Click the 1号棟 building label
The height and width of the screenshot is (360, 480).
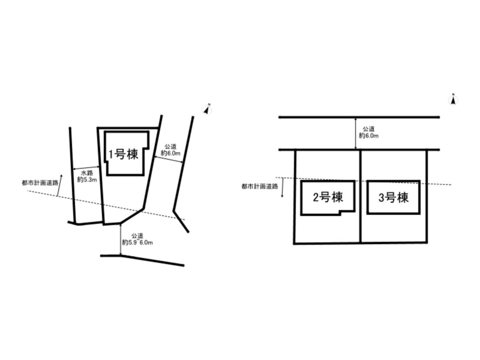(124, 154)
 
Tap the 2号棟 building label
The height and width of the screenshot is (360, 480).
(328, 197)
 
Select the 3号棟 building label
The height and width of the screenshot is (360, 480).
(394, 197)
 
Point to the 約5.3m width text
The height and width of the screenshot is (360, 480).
(87, 180)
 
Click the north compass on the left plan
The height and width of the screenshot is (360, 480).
(207, 109)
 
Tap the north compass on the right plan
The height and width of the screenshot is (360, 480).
(454, 99)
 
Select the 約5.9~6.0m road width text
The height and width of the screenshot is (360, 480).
(137, 242)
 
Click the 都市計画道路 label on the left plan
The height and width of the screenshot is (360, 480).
(40, 183)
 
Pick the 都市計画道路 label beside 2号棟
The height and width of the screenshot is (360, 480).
(260, 186)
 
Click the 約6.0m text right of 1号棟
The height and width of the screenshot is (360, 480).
(170, 154)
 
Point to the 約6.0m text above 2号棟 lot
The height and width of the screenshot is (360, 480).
(369, 136)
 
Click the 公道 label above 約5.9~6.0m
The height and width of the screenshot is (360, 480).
(137, 236)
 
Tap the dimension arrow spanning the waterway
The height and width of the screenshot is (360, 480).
(86, 168)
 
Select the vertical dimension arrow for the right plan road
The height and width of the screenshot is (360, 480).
(355, 133)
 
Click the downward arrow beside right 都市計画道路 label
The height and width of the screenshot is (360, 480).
(282, 187)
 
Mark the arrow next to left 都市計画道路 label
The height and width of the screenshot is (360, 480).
(60, 185)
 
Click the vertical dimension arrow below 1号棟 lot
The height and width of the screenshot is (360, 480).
(121, 239)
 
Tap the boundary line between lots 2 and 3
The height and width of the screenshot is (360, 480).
(361, 196)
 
